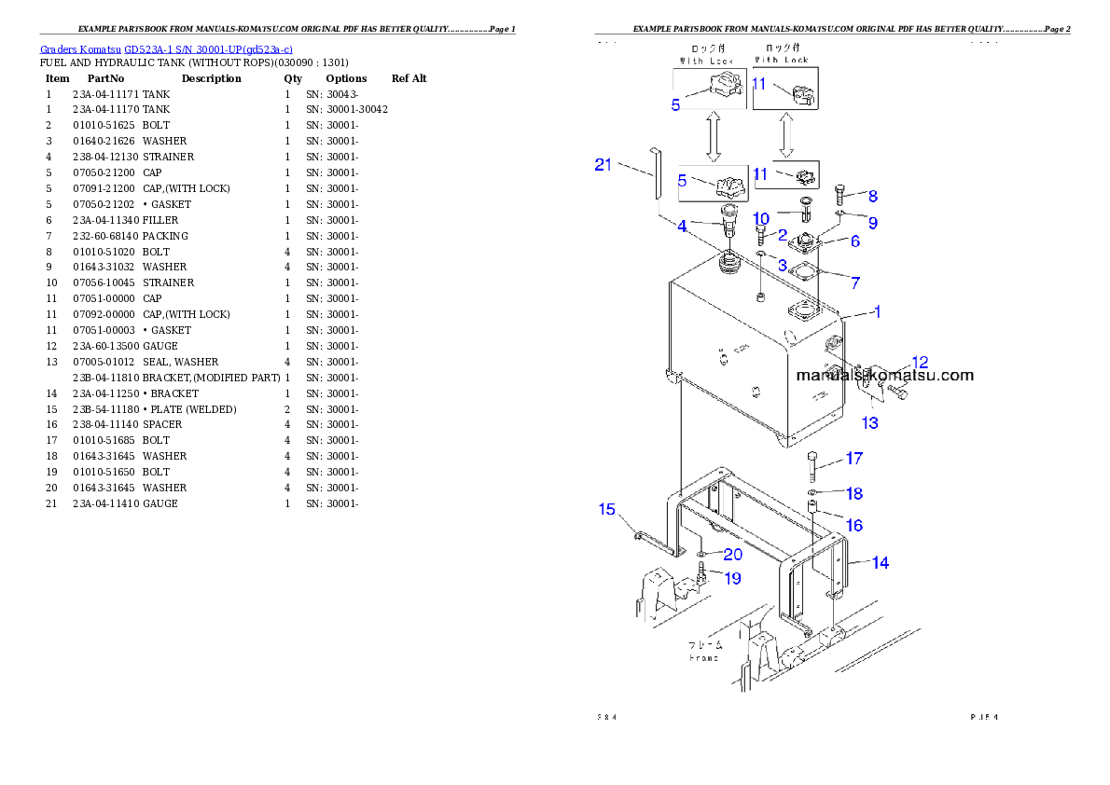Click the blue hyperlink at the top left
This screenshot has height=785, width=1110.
[166, 49]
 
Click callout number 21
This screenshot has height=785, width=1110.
[604, 165]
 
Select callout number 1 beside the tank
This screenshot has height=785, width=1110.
[877, 312]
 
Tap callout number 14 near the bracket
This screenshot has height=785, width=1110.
[880, 562]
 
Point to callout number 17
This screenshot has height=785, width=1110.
[853, 458]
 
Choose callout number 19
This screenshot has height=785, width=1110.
[732, 578]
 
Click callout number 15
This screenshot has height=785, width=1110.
[607, 509]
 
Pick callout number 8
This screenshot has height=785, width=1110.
[872, 196]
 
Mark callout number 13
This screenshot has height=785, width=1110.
[869, 422]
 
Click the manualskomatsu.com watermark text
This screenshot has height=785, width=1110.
[884, 376]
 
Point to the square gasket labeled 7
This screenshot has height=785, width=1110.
[798, 273]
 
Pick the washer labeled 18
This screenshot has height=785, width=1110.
[813, 491]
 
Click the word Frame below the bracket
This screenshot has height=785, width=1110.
[704, 657]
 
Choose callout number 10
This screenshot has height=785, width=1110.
[760, 217]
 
